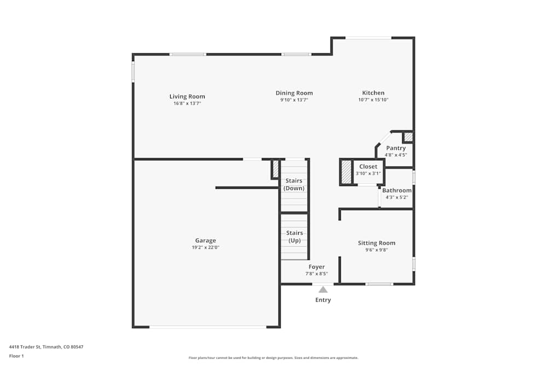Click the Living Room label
tap(187, 97)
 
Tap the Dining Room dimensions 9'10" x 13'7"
tap(294, 100)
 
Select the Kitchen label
tap(373, 93)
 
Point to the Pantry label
tap(395, 148)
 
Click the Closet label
tap(368, 167)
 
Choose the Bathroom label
tap(397, 190)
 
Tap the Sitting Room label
tap(376, 243)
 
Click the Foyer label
tap(316, 267)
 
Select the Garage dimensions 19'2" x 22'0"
tap(205, 247)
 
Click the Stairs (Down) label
tap(294, 184)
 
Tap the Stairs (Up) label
tap(294, 236)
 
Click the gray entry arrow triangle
tap(323, 289)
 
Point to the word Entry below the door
tap(323, 300)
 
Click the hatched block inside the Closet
tap(346, 172)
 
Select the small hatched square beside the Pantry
tap(408, 136)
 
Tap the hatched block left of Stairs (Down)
tap(276, 169)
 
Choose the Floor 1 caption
tap(16, 356)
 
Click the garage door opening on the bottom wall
tap(208, 327)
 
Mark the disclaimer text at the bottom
tap(273, 358)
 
